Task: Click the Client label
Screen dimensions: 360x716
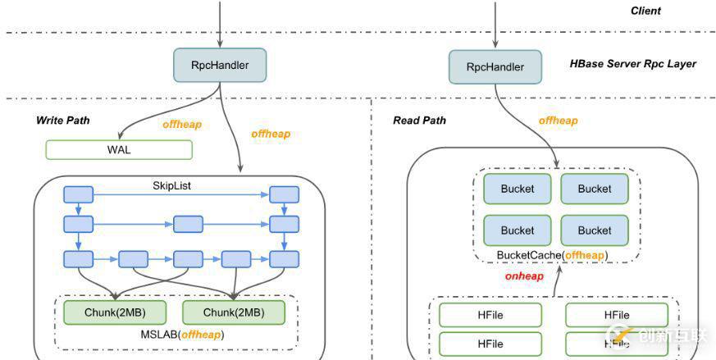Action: coord(645,11)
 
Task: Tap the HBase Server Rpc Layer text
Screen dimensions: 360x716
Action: coord(632,63)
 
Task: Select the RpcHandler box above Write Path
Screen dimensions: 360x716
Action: coord(220,65)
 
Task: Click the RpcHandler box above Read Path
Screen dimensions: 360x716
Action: coord(495,66)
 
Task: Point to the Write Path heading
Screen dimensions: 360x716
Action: coord(62,121)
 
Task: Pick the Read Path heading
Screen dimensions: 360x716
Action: coord(419,121)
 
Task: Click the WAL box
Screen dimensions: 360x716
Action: coord(119,150)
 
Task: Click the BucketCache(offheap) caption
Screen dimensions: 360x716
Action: coord(552,255)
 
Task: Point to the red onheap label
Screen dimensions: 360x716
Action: coord(525,276)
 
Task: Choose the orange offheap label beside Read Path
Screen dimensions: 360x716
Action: coord(558,121)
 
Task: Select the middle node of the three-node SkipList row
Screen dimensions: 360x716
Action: coord(188,223)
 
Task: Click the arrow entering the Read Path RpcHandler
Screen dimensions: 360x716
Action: coord(495,29)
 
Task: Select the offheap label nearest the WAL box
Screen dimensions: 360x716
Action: coord(183,125)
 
